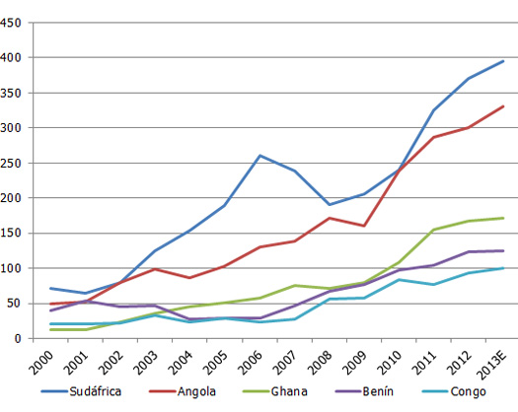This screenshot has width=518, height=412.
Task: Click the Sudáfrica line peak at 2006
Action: click(259, 156)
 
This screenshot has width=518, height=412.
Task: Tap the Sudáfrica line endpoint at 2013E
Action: click(504, 61)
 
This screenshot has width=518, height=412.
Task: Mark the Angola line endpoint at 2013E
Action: click(504, 106)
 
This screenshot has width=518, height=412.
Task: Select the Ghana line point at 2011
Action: click(434, 230)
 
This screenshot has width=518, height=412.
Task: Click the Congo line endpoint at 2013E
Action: click(504, 268)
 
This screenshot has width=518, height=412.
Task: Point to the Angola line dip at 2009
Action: click(364, 226)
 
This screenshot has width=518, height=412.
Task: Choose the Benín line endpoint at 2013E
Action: click(504, 250)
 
